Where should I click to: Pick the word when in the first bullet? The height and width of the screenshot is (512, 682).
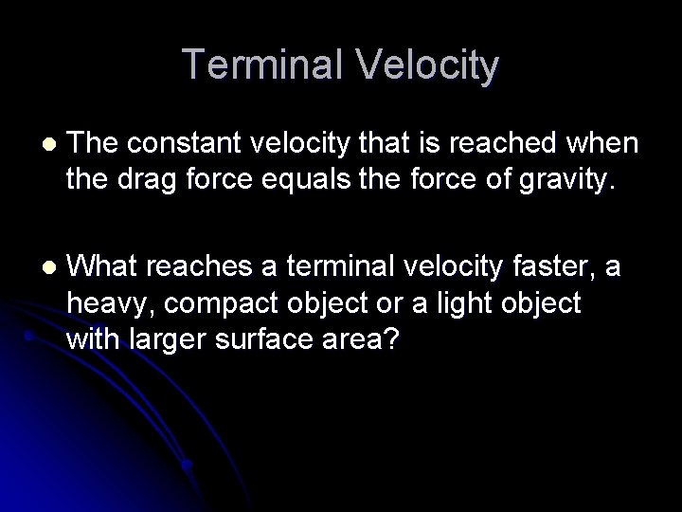click(608, 143)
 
